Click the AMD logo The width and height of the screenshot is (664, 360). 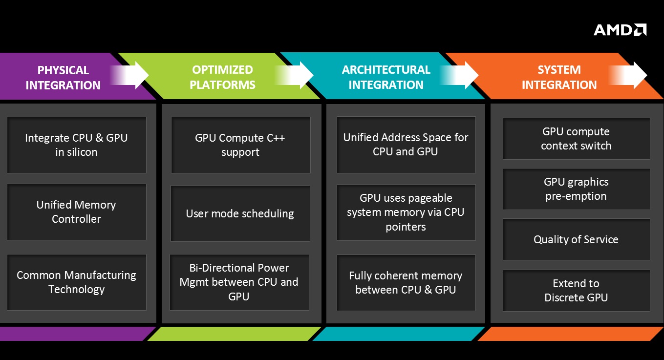[620, 30]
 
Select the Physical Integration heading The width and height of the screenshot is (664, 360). [63, 77]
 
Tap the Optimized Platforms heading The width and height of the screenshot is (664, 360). [222, 77]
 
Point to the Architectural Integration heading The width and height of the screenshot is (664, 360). [386, 77]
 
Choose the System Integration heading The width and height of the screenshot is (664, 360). [559, 77]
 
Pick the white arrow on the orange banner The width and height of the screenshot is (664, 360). [631, 75]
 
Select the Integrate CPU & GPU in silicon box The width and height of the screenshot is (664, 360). [76, 145]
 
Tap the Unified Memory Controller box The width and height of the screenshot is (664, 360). [76, 212]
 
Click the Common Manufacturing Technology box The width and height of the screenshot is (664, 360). [76, 282]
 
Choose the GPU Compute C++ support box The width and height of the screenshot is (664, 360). [240, 145]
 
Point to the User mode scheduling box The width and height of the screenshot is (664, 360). [240, 213]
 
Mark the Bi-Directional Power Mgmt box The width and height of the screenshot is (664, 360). [239, 282]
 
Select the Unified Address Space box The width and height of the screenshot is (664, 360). [406, 144]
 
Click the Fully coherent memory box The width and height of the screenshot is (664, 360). [406, 282]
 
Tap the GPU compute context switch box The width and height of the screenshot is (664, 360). [576, 138]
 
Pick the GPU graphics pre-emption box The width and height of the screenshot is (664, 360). [576, 189]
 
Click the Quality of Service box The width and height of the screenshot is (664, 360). [576, 239]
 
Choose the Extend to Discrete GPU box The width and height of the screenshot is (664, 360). [576, 290]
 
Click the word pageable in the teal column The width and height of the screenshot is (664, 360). [428, 198]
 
